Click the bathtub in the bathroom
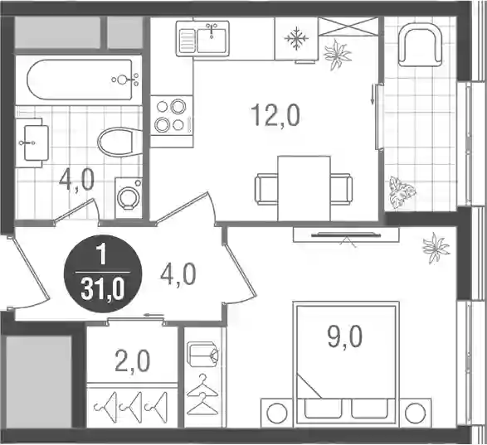coord(80,80)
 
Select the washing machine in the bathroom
coord(129,197)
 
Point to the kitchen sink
coord(202,38)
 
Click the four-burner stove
coord(172,116)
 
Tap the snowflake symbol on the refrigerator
coord(297,38)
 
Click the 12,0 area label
coord(275,115)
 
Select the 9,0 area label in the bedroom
coord(345,337)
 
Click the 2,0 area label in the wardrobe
coord(132,361)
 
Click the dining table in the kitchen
coord(304,188)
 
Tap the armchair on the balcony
coord(420,46)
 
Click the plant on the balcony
coord(402,191)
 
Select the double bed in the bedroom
coord(346,363)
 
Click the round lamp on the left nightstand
coord(277,413)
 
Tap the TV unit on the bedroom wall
coord(346,235)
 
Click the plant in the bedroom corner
coord(436,248)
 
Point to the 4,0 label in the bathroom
coord(76,181)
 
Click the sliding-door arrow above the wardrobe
coord(153,316)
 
